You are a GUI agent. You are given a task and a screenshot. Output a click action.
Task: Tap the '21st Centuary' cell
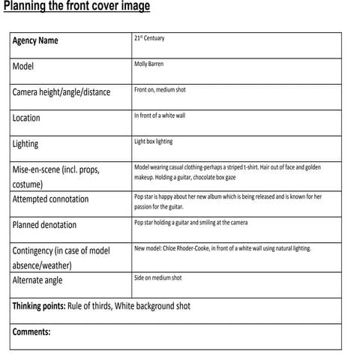149,38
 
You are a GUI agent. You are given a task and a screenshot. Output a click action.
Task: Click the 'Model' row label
23,66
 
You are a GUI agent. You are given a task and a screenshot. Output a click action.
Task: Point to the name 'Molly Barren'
148,64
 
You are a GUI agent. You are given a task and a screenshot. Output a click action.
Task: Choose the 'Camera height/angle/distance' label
61,92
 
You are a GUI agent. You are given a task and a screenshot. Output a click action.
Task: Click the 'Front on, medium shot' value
160,90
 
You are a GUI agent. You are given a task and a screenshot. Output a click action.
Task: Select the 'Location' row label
26,118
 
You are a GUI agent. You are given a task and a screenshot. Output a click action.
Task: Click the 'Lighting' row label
25,143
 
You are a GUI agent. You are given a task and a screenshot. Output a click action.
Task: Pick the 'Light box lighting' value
153,141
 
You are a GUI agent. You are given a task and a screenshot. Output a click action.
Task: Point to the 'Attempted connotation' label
50,199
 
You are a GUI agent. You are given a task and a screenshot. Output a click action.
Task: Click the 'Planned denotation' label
44,224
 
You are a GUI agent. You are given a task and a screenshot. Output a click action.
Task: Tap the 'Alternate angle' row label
37,280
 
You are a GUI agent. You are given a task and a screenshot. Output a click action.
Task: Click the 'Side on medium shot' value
157,277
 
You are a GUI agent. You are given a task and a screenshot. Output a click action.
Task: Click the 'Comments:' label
31,331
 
